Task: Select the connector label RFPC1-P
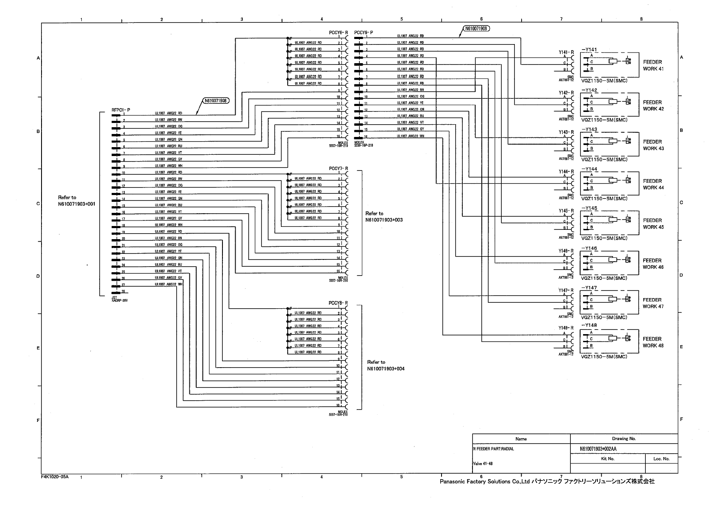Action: tap(121, 110)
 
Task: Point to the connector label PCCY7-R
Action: tap(338, 168)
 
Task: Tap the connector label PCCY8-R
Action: tap(338, 303)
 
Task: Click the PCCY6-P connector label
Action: tap(364, 33)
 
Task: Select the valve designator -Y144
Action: tap(589, 169)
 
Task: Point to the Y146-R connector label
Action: tap(566, 251)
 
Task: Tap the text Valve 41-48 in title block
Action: tap(482, 463)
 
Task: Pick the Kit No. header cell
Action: tap(608, 458)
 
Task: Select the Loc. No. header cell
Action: tap(661, 458)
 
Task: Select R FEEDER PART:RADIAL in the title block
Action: tap(493, 449)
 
